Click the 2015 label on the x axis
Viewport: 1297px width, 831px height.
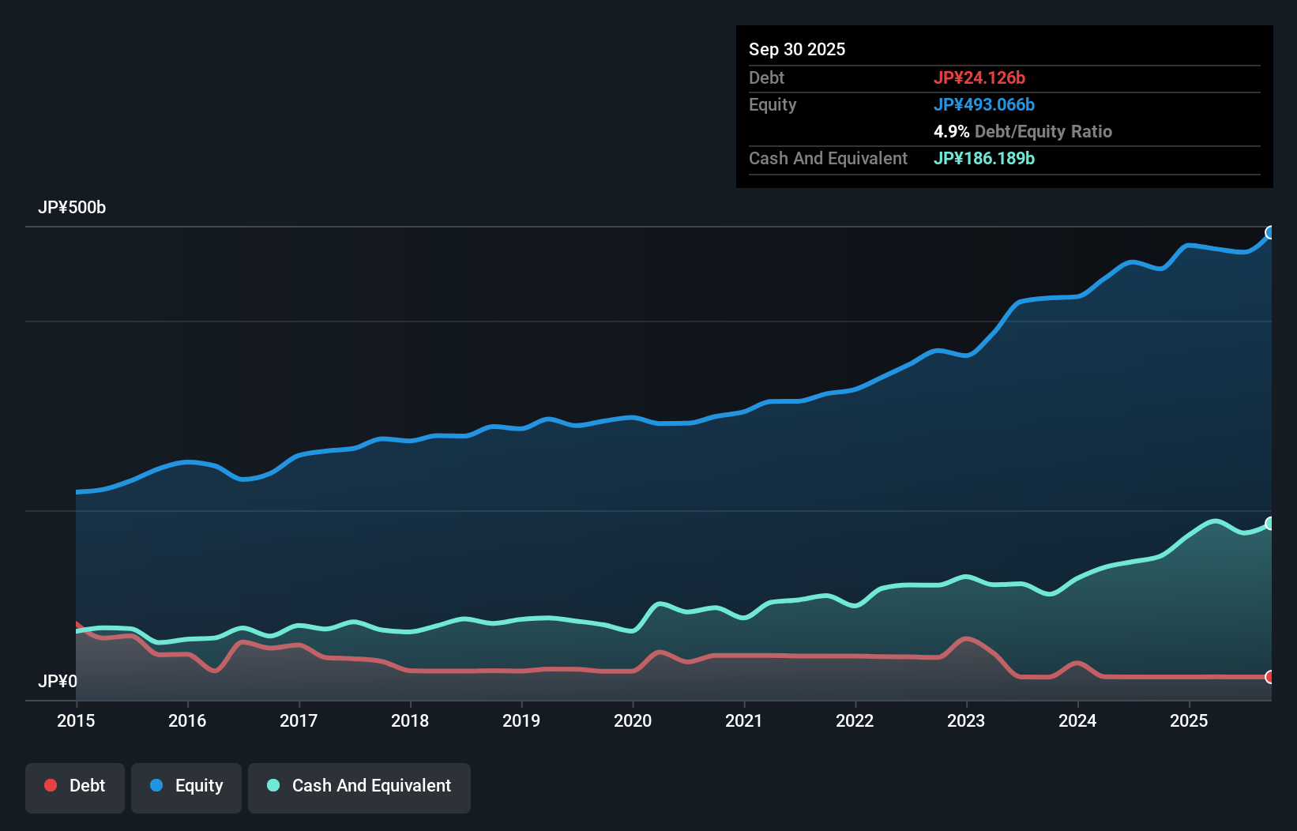tap(76, 720)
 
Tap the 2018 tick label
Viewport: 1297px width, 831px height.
tap(410, 720)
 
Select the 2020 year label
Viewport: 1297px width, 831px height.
tap(633, 720)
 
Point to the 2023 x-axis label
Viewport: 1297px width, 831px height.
tap(966, 720)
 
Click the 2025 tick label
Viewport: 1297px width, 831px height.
tap(1189, 720)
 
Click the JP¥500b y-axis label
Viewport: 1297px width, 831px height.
tap(72, 208)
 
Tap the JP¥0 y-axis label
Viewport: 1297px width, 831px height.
tap(58, 681)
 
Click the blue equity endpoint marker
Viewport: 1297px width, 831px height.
tap(1270, 232)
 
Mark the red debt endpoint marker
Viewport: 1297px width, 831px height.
tap(1270, 677)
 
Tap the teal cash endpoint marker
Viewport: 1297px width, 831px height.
tap(1270, 524)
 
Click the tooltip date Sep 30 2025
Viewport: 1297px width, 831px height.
tap(797, 49)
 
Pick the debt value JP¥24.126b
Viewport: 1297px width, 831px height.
tap(979, 77)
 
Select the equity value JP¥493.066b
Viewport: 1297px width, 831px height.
tap(984, 104)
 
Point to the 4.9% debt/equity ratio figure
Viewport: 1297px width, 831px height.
tap(951, 131)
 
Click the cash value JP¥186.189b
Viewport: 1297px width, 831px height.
tap(984, 158)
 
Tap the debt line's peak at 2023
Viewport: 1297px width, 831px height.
tap(965, 638)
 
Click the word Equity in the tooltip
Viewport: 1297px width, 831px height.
tap(773, 104)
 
